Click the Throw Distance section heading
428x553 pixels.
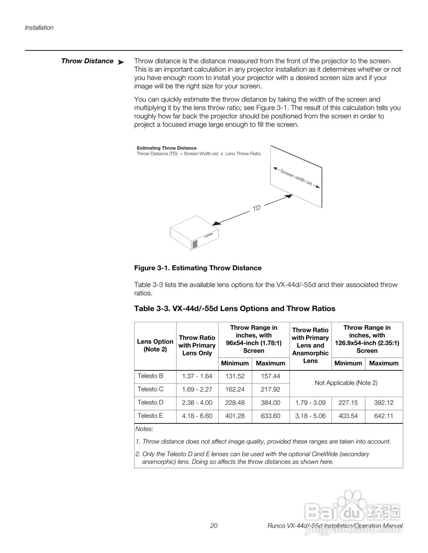tap(87, 61)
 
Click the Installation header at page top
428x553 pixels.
tap(39, 28)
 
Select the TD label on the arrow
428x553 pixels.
tap(257, 208)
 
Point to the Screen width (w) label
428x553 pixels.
tap(296, 177)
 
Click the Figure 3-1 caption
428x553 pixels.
tap(198, 268)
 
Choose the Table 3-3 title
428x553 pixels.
tap(235, 308)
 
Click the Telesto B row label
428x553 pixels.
tap(150, 376)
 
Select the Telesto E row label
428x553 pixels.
tap(150, 416)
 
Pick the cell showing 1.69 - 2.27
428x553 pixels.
tap(197, 389)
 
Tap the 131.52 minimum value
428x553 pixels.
tap(235, 376)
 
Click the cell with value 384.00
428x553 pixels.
tap(270, 403)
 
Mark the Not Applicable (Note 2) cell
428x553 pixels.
tap(346, 383)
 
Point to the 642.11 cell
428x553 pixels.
tap(383, 416)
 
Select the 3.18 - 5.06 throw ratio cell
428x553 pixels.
tap(310, 416)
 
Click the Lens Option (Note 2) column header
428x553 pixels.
tap(155, 345)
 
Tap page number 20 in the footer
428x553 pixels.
tap(214, 526)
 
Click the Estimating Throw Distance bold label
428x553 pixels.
tap(167, 148)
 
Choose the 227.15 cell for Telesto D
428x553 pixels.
tap(348, 403)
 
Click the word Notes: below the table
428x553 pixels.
tap(144, 429)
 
